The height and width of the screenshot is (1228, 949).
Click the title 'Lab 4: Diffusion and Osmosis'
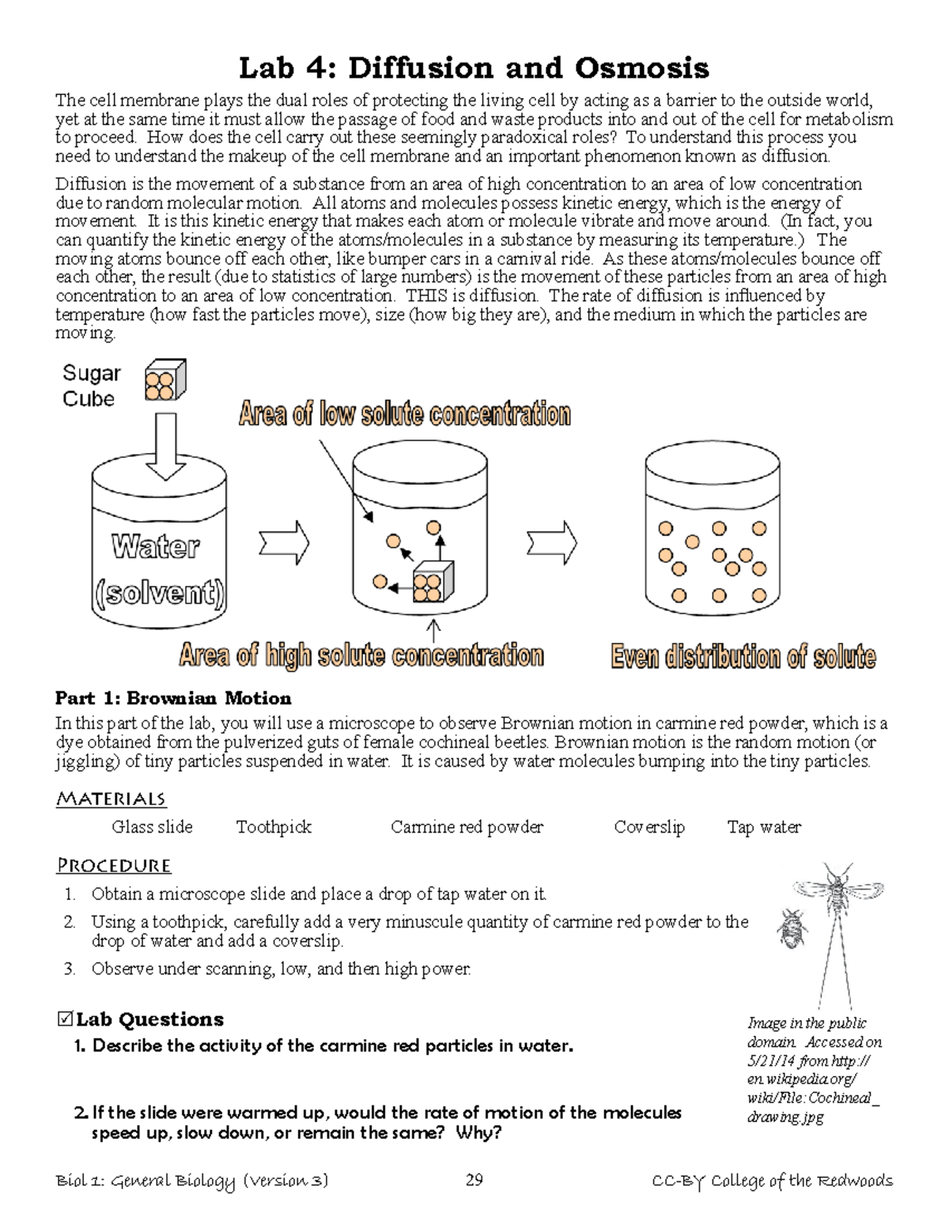point(474,69)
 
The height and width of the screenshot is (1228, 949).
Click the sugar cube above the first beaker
point(164,380)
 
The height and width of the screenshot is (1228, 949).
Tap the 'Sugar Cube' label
point(91,386)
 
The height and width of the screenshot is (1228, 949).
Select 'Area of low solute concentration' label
point(404,414)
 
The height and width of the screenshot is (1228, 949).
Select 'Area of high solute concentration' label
point(361,656)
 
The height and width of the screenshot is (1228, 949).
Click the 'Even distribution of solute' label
point(743,657)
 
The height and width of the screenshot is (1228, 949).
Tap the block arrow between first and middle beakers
point(283,543)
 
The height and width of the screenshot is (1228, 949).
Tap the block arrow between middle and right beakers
point(552,543)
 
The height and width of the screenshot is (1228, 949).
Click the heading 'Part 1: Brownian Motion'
point(173,698)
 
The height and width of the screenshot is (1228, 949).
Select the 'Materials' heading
point(111,799)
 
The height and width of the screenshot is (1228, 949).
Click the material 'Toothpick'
point(274,827)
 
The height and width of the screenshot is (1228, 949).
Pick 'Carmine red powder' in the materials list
point(467,827)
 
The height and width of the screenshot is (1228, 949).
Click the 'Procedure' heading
point(114,866)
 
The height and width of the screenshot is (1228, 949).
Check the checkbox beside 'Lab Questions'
point(66,1019)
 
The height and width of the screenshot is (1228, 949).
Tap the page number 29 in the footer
point(474,1181)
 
